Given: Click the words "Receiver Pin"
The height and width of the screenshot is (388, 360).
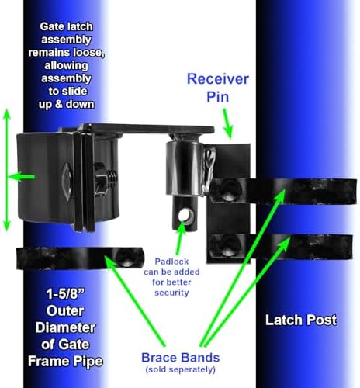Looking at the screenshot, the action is tap(218, 88).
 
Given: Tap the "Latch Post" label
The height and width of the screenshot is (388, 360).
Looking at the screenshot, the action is tap(301, 320).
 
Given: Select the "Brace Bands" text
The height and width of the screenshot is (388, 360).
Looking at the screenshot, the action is tap(181, 358).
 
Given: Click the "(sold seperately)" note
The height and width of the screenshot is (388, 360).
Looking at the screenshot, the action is tap(181, 369).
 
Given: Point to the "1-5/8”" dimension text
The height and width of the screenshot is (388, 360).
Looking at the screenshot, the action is tap(65, 294).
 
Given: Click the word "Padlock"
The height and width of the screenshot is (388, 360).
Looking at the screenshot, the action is tap(171, 262).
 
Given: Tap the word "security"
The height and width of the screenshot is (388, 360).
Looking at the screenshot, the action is tap(171, 293).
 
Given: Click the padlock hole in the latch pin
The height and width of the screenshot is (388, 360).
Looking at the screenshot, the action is tap(185, 215).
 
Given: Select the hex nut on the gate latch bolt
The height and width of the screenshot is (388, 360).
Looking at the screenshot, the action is tap(100, 179).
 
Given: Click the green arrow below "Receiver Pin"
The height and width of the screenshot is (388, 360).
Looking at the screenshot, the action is tap(228, 123).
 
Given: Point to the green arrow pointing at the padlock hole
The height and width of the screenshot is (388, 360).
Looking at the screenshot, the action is tap(180, 238).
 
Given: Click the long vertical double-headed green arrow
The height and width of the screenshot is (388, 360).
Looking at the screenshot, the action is tap(7, 170).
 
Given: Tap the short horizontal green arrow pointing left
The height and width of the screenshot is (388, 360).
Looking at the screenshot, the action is tap(21, 177).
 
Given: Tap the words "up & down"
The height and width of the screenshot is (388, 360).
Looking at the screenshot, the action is tap(66, 104).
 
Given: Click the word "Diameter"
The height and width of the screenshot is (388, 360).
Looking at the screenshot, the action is tap(65, 327).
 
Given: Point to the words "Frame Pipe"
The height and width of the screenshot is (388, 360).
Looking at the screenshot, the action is tap(65, 362).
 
